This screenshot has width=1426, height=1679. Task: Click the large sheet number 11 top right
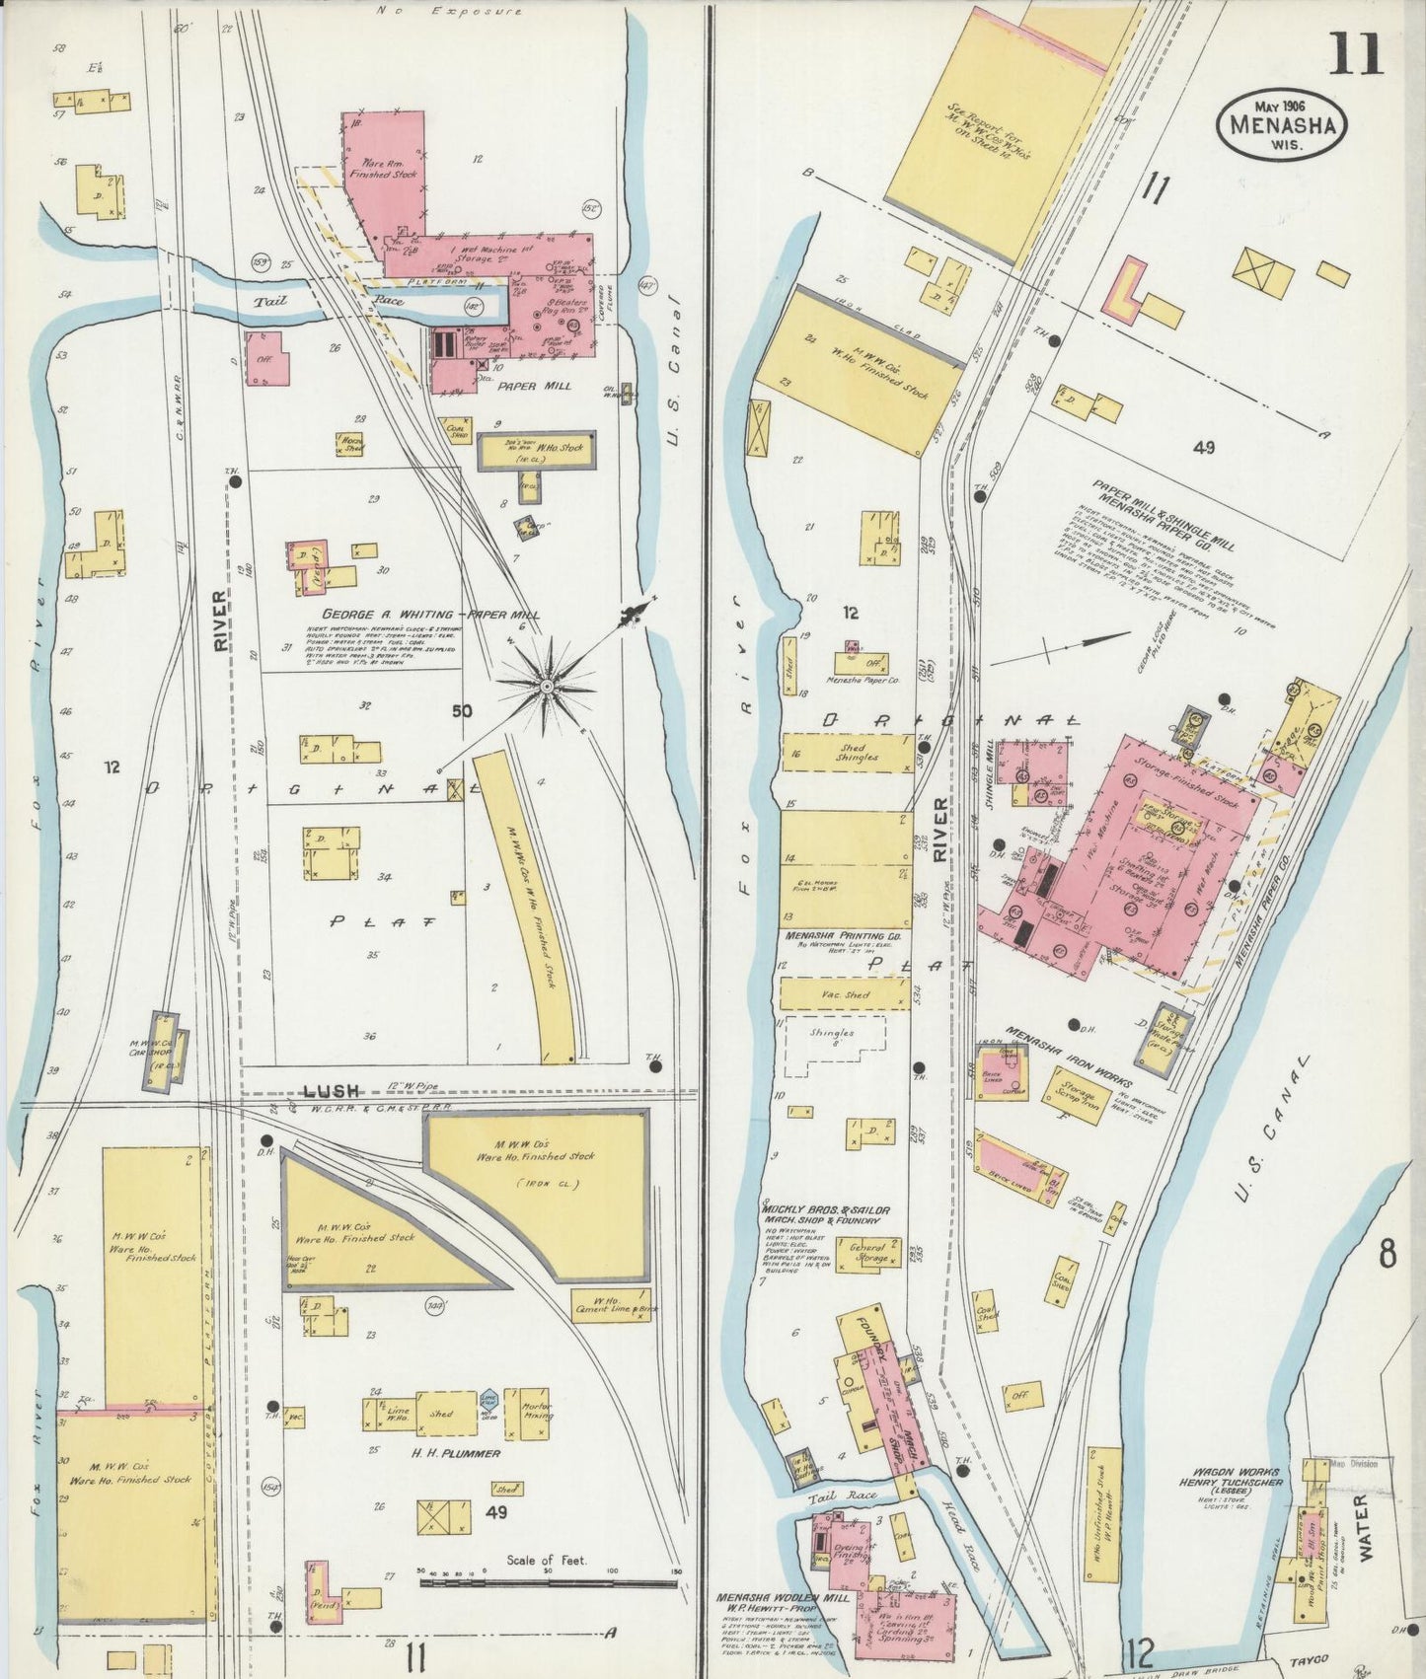(1356, 53)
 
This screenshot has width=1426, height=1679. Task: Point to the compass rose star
(546, 684)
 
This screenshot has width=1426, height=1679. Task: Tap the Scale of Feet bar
(548, 1582)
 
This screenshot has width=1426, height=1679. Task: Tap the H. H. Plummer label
(442, 1453)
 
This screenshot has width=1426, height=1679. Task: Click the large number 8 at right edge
(1388, 1256)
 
